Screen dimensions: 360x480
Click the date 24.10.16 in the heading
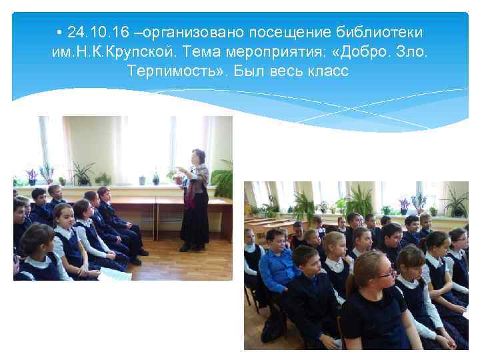pyautogui.click(x=91, y=33)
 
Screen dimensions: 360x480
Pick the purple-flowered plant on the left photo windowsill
pyautogui.click(x=31, y=175)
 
